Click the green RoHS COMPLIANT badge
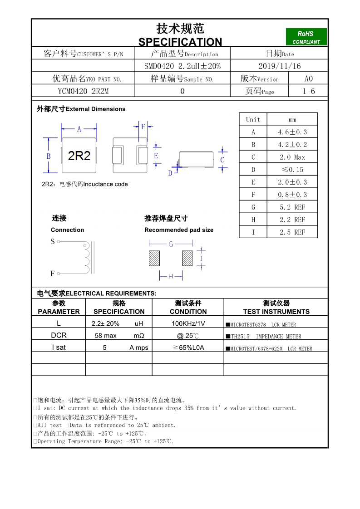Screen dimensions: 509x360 point(306,37)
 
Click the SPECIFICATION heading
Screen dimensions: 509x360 point(180,42)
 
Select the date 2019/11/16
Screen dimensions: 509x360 point(279,66)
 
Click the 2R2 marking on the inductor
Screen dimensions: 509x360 point(79,156)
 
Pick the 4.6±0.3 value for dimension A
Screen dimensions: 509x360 point(292,132)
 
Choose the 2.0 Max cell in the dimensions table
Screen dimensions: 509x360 point(292,157)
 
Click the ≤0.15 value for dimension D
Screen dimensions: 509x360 point(292,170)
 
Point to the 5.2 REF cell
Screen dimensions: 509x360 point(292,207)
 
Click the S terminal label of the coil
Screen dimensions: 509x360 point(53,241)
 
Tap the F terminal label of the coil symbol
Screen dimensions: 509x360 point(53,274)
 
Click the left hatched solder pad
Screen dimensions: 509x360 point(154,258)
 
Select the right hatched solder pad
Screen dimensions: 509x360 point(187,258)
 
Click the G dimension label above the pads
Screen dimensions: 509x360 point(171,244)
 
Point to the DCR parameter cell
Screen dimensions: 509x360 point(59,336)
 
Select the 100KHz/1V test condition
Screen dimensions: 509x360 point(188,323)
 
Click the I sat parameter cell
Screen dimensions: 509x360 point(59,347)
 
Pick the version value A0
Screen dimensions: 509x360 point(308,78)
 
